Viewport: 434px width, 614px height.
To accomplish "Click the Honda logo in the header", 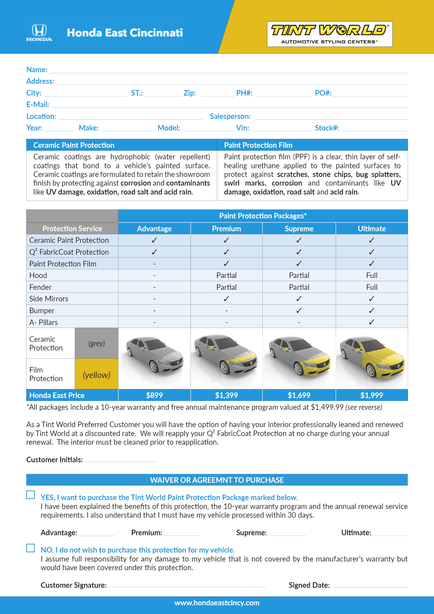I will click(39, 32).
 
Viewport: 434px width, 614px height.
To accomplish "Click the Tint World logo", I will click(330, 34).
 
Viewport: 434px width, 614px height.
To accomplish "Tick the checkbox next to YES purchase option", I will click(30, 495).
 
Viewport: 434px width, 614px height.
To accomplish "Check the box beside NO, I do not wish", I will click(30, 548).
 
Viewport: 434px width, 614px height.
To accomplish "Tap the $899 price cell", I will click(154, 395).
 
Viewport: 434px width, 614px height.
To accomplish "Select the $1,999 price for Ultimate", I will click(372, 395).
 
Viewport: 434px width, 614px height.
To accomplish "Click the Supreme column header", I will click(299, 229).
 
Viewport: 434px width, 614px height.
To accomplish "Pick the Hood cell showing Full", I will click(372, 275).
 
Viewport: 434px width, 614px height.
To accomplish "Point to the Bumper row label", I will click(42, 311).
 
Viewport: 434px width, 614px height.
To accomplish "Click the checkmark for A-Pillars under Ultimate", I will click(372, 322).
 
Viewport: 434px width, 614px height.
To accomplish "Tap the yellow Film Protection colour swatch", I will click(97, 374).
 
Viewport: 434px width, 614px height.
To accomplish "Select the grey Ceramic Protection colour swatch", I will click(97, 343).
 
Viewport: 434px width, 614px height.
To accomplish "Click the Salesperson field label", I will click(230, 116).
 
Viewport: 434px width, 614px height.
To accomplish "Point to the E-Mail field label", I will click(38, 104).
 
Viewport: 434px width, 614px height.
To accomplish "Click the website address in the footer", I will click(217, 603).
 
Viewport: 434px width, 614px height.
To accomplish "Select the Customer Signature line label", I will click(73, 585).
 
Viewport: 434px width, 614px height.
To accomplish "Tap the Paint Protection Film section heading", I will click(258, 145).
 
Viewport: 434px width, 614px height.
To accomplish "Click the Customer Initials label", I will click(54, 460).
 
